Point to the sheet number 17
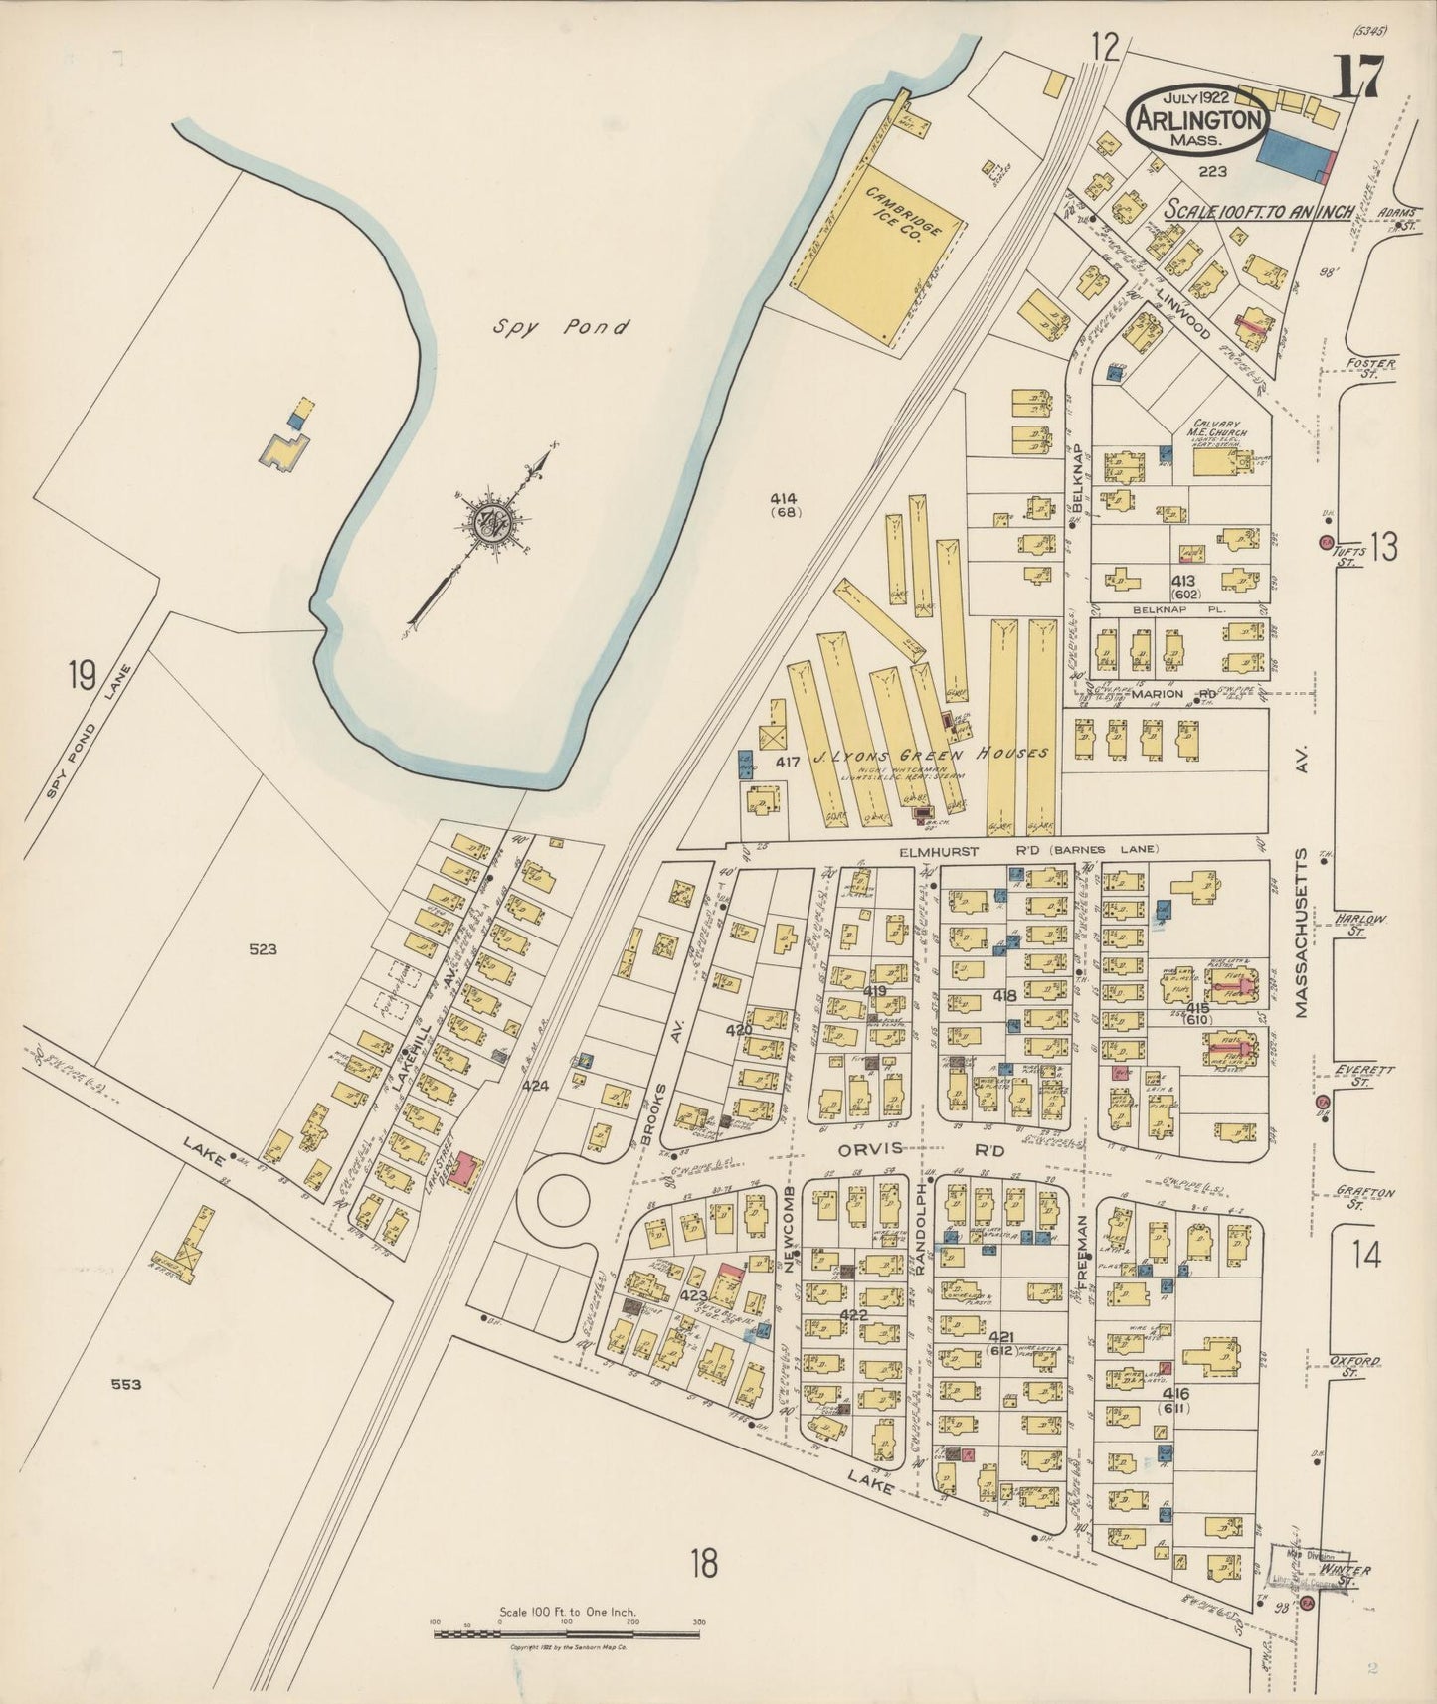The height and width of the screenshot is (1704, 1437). point(1355,78)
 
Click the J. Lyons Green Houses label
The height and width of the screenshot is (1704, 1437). point(930,755)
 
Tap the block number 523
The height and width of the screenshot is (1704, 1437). point(264,949)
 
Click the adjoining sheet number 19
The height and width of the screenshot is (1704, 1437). point(81,676)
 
